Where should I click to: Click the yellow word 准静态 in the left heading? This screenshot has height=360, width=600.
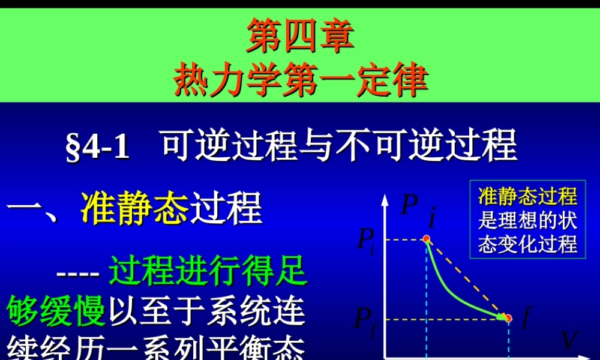pos(134,209)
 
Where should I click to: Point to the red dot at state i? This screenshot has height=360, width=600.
pos(427,239)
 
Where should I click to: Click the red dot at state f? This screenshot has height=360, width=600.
pos(508,317)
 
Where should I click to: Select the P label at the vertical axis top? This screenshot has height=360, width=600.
pos(408,206)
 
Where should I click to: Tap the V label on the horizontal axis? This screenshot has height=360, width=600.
pos(569,341)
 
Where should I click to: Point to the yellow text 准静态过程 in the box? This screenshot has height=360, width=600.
pos(527,196)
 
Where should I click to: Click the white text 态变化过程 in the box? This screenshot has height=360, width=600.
pos(527,244)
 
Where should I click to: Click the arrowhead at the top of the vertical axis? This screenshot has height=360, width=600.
pos(383,200)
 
